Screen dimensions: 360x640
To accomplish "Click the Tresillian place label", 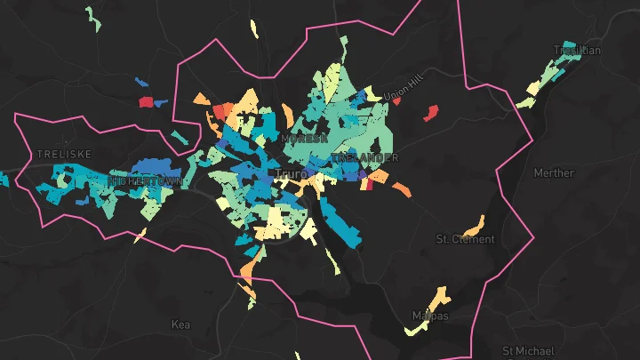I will pyautogui.click(x=577, y=51).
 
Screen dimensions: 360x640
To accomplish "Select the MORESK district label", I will pyautogui.click(x=304, y=140).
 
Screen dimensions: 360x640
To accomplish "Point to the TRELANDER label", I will pyautogui.click(x=365, y=158).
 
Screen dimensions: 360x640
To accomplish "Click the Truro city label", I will pyautogui.click(x=290, y=173).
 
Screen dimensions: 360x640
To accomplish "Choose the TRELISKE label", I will pyautogui.click(x=64, y=154).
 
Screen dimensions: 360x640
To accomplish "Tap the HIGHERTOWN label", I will pyautogui.click(x=145, y=180).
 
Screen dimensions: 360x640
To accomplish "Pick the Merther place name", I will pyautogui.click(x=554, y=173).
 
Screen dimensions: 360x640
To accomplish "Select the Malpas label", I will pyautogui.click(x=430, y=316).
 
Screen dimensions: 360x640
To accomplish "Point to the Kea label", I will pyautogui.click(x=180, y=325).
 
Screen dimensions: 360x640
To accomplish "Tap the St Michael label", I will pyautogui.click(x=528, y=351).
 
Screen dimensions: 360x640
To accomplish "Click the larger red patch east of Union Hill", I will pyautogui.click(x=431, y=113).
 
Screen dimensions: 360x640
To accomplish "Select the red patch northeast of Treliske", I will pyautogui.click(x=147, y=102).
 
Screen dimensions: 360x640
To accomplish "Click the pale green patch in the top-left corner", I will pyautogui.click(x=92, y=15).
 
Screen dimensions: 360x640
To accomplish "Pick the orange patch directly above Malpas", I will pyautogui.click(x=437, y=296).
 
